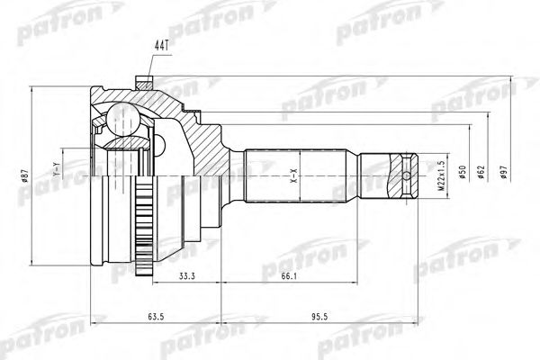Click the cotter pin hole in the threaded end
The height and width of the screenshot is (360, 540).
pyautogui.click(x=409, y=175)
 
